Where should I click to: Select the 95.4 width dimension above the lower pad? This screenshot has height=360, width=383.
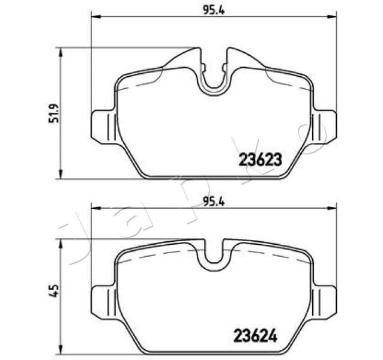[x=213, y=202]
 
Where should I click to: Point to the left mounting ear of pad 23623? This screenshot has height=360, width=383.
[x=102, y=127]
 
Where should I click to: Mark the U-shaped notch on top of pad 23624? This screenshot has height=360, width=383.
[x=214, y=255]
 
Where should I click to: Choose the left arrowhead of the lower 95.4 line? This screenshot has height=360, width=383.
[x=94, y=208]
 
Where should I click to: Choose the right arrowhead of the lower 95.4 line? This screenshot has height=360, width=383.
[x=332, y=208]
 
